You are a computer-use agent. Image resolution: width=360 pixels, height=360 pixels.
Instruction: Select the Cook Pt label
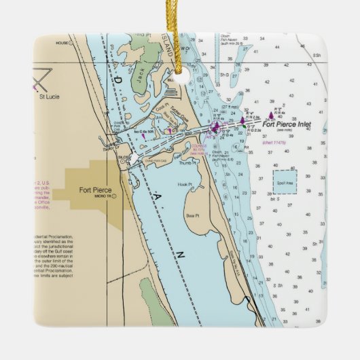click(x=161, y=107)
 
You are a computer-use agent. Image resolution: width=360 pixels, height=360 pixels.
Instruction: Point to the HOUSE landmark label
click(x=63, y=42)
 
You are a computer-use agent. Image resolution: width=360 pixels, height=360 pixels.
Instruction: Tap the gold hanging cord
click(x=181, y=27)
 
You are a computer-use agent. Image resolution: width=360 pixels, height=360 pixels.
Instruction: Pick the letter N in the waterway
click(x=181, y=253)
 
